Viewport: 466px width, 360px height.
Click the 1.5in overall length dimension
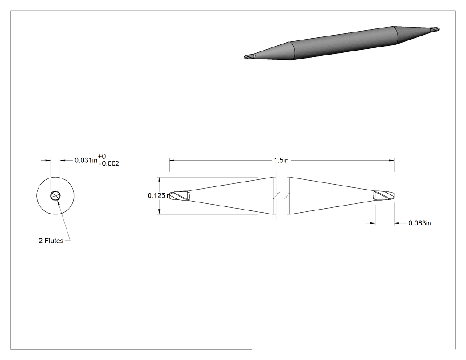tap(281, 161)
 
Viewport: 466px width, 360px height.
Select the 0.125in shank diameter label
tap(159, 196)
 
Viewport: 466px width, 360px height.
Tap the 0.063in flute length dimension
tap(420, 223)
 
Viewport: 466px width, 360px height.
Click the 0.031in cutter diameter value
tap(86, 160)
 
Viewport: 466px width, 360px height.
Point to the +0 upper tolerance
tap(102, 156)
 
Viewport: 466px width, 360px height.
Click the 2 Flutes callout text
tap(51, 241)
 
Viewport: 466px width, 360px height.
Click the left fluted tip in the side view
tap(179, 196)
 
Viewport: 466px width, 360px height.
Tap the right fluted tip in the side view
tap(384, 195)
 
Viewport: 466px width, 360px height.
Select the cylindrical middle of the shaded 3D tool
tap(344, 43)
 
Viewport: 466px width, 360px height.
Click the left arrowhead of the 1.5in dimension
tap(172, 161)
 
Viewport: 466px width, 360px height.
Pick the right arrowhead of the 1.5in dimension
tap(391, 161)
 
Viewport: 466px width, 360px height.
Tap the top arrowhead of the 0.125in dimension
tap(160, 180)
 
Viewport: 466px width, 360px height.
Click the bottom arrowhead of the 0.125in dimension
tap(160, 211)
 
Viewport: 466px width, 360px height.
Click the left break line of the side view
tap(276, 196)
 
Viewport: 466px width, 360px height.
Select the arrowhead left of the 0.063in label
tap(372, 223)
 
